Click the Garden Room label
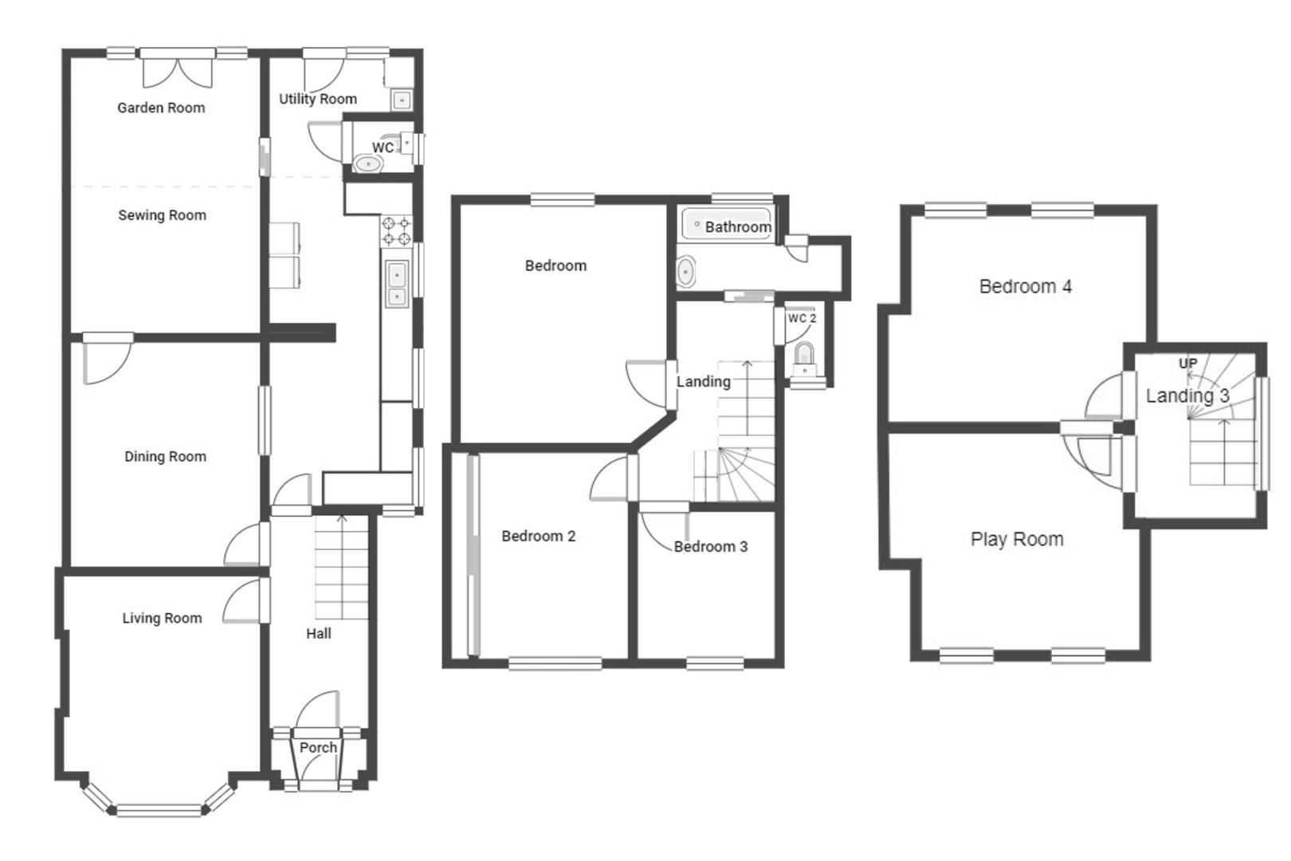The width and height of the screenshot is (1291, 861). tap(161, 108)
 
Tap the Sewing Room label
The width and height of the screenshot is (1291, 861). tap(162, 215)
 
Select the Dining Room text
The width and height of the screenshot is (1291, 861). tap(165, 457)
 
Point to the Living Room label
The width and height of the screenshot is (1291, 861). tap(162, 618)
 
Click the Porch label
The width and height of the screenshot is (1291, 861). tap(318, 748)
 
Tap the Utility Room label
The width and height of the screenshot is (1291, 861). tap(317, 99)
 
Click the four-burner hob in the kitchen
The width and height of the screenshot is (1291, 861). tap(396, 231)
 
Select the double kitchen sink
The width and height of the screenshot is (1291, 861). tap(396, 284)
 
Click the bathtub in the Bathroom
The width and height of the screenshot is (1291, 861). tap(726, 225)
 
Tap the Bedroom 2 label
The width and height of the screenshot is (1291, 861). tap(538, 537)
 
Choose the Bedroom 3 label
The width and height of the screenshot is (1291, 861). tap(710, 547)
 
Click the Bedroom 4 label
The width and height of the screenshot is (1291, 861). tap(1025, 286)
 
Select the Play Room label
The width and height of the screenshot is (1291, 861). tap(1017, 539)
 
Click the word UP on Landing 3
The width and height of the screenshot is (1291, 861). tap(1187, 364)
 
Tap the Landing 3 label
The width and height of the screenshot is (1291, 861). tap(1187, 395)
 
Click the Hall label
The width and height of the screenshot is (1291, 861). tap(319, 634)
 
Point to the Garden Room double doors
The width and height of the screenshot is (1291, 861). tap(179, 69)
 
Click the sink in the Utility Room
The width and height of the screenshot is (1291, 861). tap(402, 100)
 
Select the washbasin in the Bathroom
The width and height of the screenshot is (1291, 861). tap(685, 273)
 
